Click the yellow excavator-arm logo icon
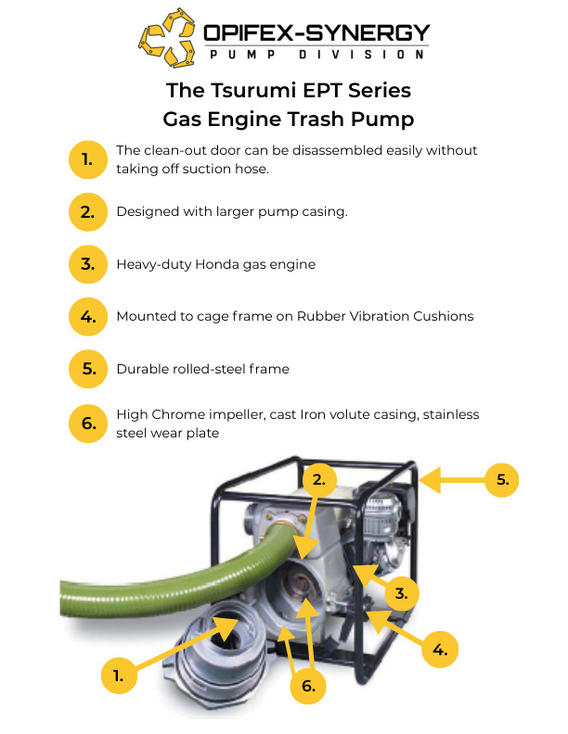[x=167, y=38]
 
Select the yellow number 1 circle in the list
[x=88, y=159]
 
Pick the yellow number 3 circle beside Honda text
[x=88, y=264]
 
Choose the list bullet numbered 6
[x=88, y=424]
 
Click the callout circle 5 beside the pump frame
[x=502, y=479]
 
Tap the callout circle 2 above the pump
[x=319, y=479]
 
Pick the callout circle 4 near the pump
[x=440, y=650]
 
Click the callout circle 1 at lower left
[x=119, y=676]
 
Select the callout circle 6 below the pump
[x=308, y=686]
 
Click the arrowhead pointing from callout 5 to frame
[x=431, y=480]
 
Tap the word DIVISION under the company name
[x=361, y=55]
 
